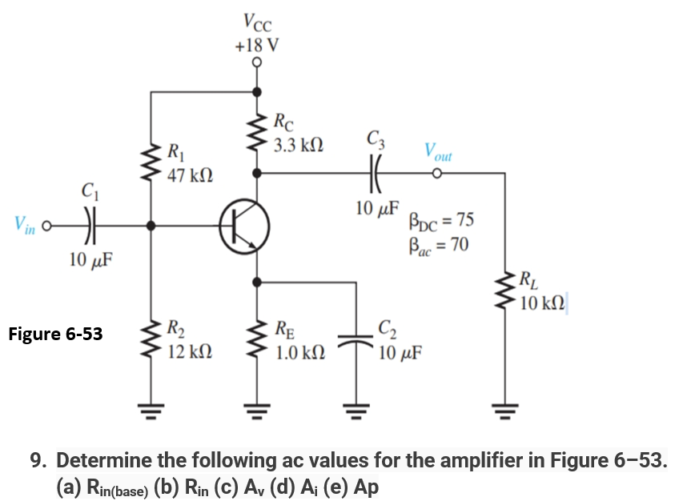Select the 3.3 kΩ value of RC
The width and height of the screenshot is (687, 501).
coord(298,146)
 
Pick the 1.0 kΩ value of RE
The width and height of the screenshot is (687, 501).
coord(299,351)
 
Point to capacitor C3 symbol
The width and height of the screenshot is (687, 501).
coord(374,172)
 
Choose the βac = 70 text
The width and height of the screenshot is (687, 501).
coord(437,244)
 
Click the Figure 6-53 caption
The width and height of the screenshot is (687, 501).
coord(55,334)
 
